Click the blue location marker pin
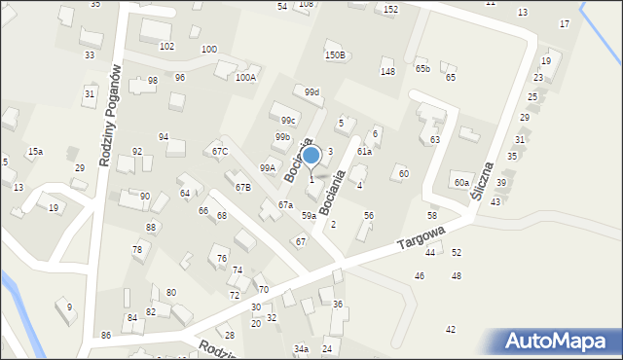[x=311, y=156]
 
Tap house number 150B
[x=335, y=55]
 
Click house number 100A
[x=245, y=77]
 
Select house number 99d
[x=311, y=92]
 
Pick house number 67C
[x=220, y=151]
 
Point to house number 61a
[x=364, y=152]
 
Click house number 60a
[x=461, y=182]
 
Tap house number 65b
[x=422, y=68]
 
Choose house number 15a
[x=35, y=152]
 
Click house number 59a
[x=308, y=215]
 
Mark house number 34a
[x=302, y=348]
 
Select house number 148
[x=387, y=72]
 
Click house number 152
[x=390, y=9]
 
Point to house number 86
[x=106, y=335]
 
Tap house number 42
[x=450, y=330]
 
